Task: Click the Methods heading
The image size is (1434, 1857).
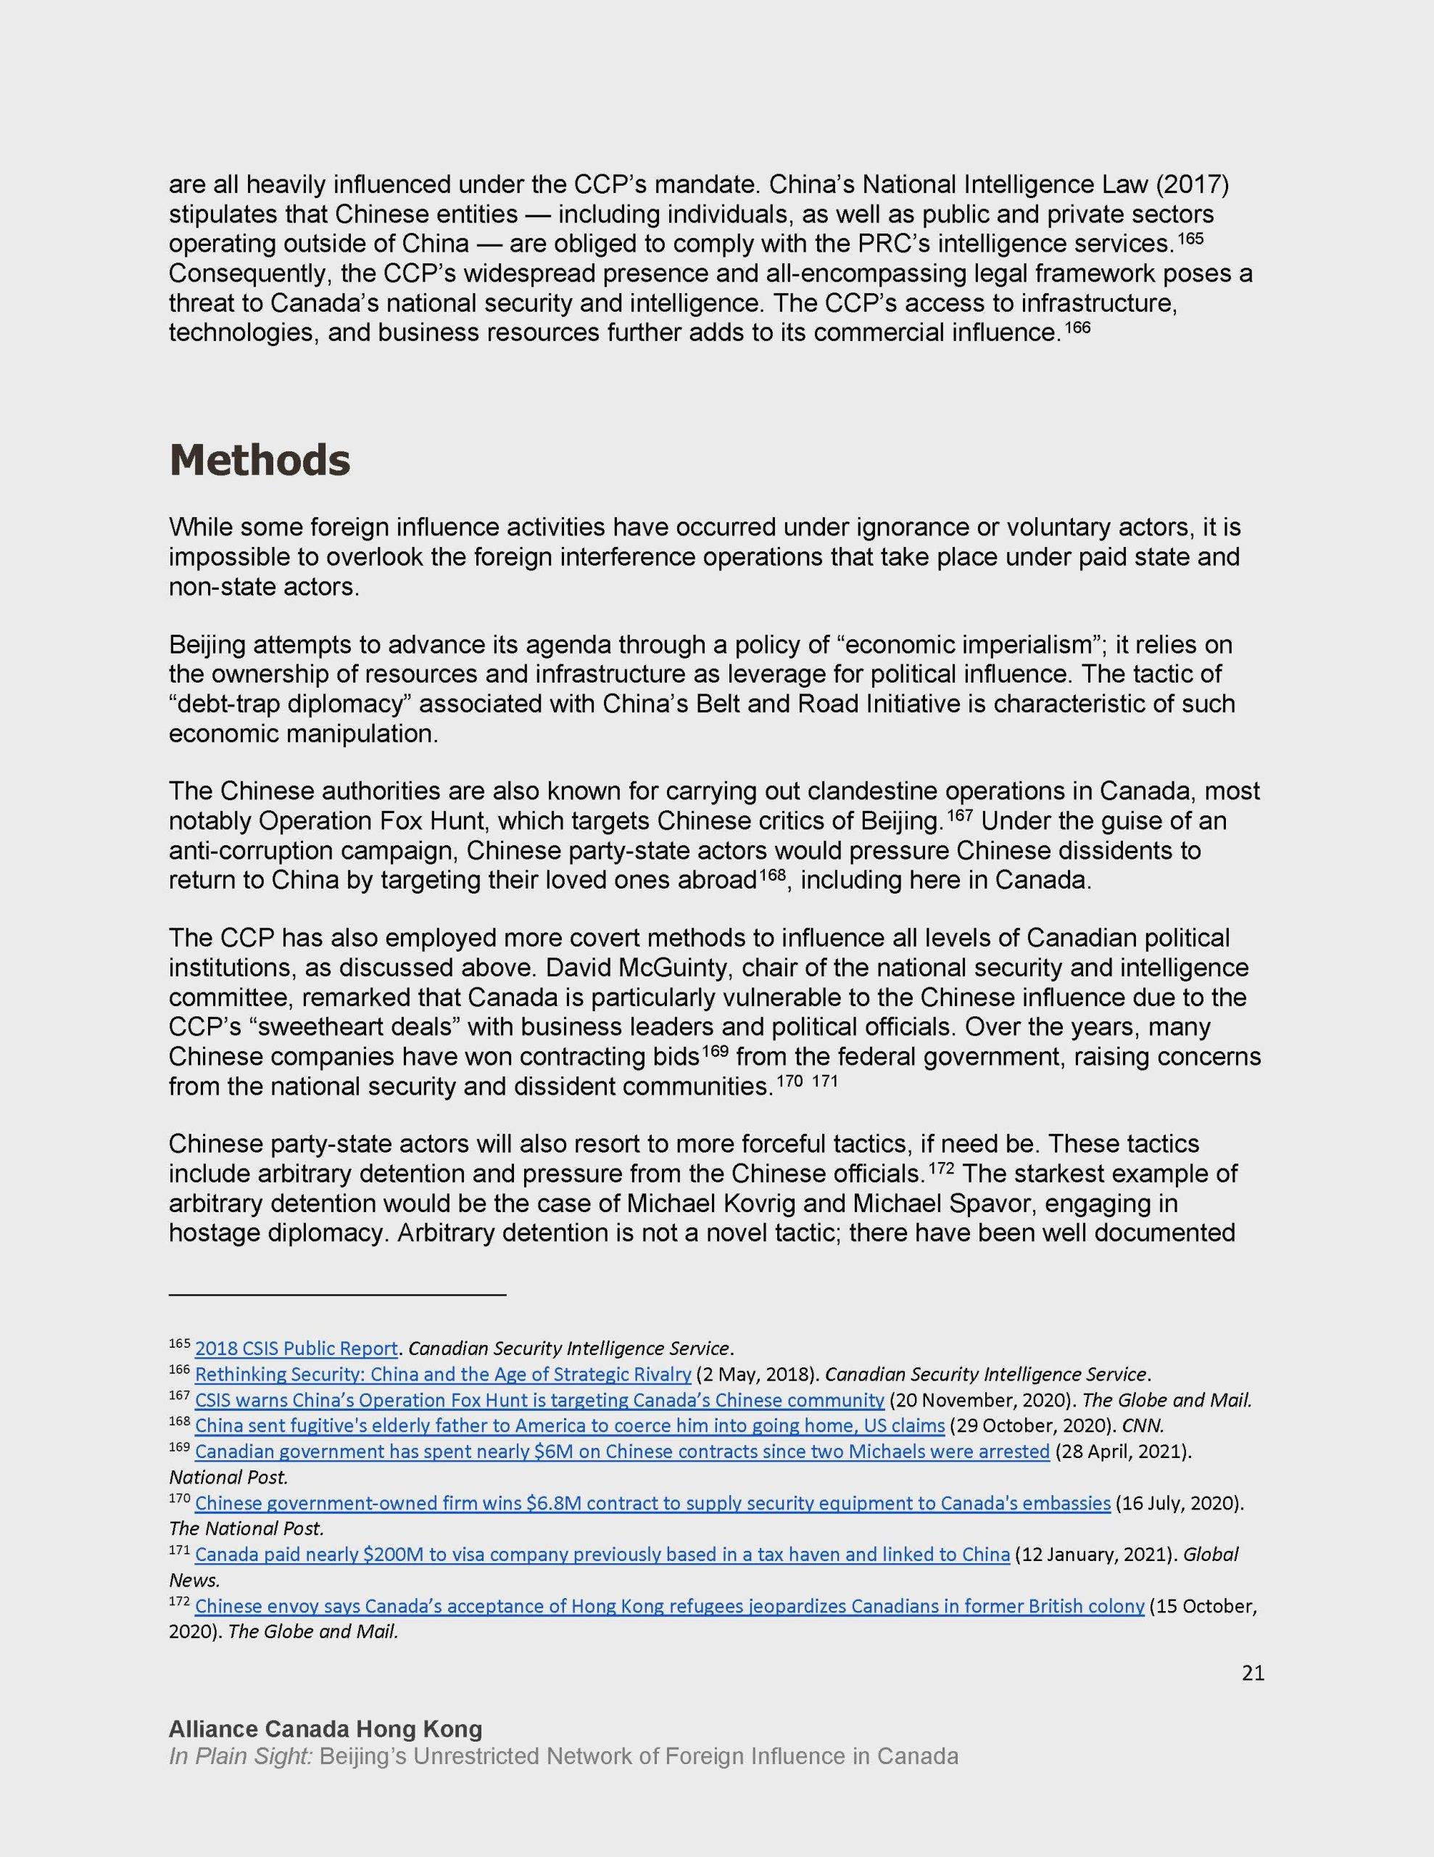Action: pos(260,461)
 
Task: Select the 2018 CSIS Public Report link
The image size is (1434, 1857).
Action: pos(296,1349)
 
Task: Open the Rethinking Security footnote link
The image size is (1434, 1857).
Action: pos(442,1375)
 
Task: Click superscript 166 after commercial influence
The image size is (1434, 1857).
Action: pos(1077,326)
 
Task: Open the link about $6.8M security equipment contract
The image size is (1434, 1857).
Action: pos(652,1503)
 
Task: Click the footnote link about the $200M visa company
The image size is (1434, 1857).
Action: pos(602,1555)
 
